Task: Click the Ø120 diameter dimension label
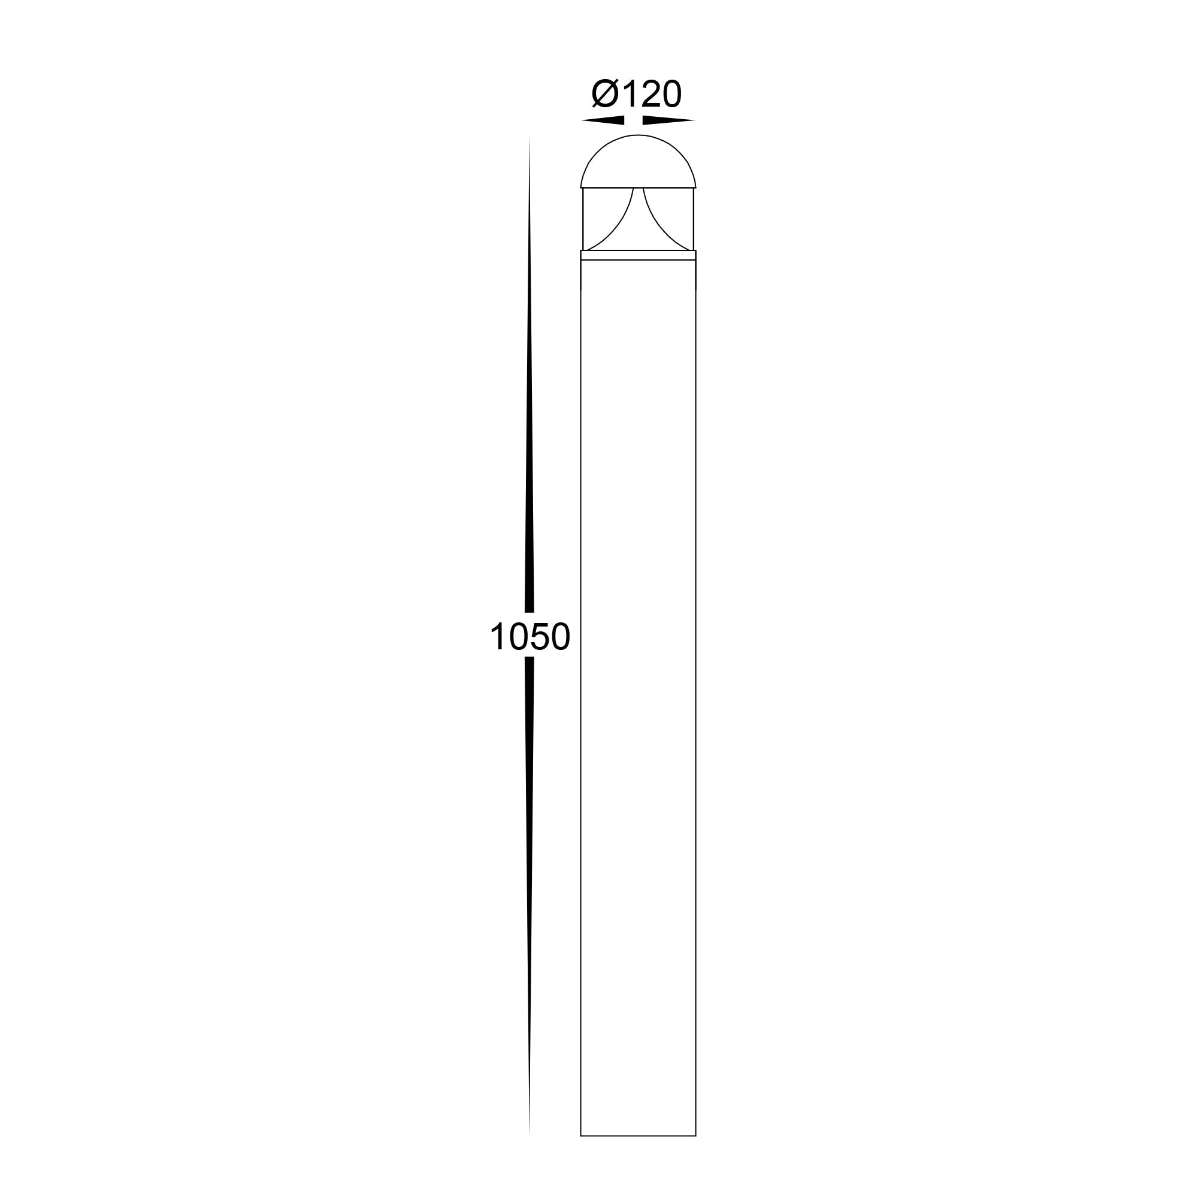[x=636, y=94]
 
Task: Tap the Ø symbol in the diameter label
[x=605, y=94]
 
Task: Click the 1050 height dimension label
[x=530, y=637]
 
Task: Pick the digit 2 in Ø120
[x=650, y=94]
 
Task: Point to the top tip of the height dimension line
[x=529, y=138]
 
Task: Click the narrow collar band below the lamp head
[x=638, y=255]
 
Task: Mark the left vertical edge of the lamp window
[x=583, y=218]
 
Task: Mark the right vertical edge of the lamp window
[x=693, y=218]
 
